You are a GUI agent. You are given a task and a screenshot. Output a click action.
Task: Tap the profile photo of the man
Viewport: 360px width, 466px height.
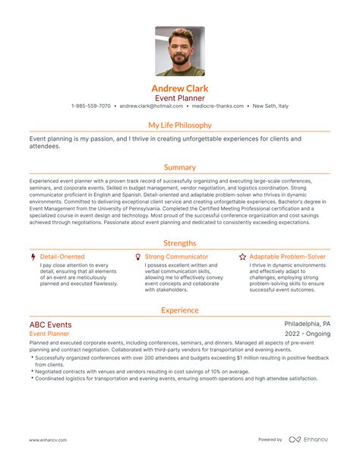click(180, 52)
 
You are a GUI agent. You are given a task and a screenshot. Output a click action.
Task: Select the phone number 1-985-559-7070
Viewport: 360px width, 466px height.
click(91, 106)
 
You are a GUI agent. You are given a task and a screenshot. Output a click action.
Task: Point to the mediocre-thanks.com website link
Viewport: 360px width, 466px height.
click(216, 106)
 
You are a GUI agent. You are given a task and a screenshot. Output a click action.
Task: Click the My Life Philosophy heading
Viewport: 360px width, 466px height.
click(180, 125)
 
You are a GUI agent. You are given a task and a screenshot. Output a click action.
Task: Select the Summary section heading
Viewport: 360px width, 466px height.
click(180, 167)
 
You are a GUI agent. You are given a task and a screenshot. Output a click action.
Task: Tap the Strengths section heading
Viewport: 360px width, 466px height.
click(180, 243)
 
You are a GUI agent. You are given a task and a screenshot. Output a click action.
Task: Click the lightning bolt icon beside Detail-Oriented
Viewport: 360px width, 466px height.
click(33, 257)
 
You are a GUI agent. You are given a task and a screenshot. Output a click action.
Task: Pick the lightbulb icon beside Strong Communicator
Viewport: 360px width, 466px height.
click(137, 257)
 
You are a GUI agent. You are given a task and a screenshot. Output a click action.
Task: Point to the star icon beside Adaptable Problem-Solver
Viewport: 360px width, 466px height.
click(242, 257)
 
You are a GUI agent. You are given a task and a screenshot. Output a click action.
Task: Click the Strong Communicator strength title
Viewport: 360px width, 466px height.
click(176, 257)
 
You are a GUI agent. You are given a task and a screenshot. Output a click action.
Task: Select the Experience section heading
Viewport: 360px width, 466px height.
click(180, 310)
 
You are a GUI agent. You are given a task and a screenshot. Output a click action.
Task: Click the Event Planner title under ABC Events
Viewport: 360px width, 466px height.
click(49, 334)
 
